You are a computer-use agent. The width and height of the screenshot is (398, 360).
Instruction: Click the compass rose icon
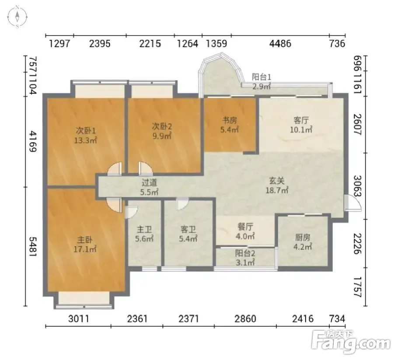pyautogui.click(x=17, y=17)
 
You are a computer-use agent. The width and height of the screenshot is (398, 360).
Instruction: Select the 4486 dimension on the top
pyautogui.click(x=280, y=44)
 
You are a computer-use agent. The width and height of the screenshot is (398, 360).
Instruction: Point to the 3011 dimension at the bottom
pyautogui.click(x=79, y=318)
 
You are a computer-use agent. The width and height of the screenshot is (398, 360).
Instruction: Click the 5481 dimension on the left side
pyautogui.click(x=33, y=247)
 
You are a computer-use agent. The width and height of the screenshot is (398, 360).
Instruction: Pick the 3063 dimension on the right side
pyautogui.click(x=357, y=186)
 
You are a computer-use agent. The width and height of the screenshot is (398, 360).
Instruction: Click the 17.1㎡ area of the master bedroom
pyautogui.click(x=85, y=249)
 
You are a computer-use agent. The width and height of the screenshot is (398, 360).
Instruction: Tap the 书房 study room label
pyautogui.click(x=230, y=120)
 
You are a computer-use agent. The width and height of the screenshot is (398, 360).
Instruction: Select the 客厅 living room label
pyautogui.click(x=301, y=120)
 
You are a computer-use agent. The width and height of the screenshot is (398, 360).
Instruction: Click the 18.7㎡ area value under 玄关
pyautogui.click(x=277, y=190)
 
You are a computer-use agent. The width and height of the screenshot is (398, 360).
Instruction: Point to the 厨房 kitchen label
pyautogui.click(x=303, y=238)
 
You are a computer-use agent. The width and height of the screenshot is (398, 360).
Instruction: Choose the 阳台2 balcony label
pyautogui.click(x=245, y=253)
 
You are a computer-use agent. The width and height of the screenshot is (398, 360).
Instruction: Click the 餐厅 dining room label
pyautogui.click(x=245, y=227)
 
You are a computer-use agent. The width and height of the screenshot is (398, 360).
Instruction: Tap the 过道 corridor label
pyautogui.click(x=149, y=182)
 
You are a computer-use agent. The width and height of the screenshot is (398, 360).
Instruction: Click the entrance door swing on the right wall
pyautogui.click(x=353, y=203)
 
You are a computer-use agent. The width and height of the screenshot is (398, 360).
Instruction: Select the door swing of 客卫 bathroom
pyautogui.click(x=182, y=203)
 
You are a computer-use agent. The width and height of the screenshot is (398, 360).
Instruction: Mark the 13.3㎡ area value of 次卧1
pyautogui.click(x=86, y=140)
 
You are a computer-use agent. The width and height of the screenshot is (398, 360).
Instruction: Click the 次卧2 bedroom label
pyautogui.click(x=162, y=126)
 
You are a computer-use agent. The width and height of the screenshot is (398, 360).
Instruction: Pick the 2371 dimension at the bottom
pyautogui.click(x=189, y=318)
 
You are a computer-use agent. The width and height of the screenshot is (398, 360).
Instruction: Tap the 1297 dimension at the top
pyautogui.click(x=59, y=44)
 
